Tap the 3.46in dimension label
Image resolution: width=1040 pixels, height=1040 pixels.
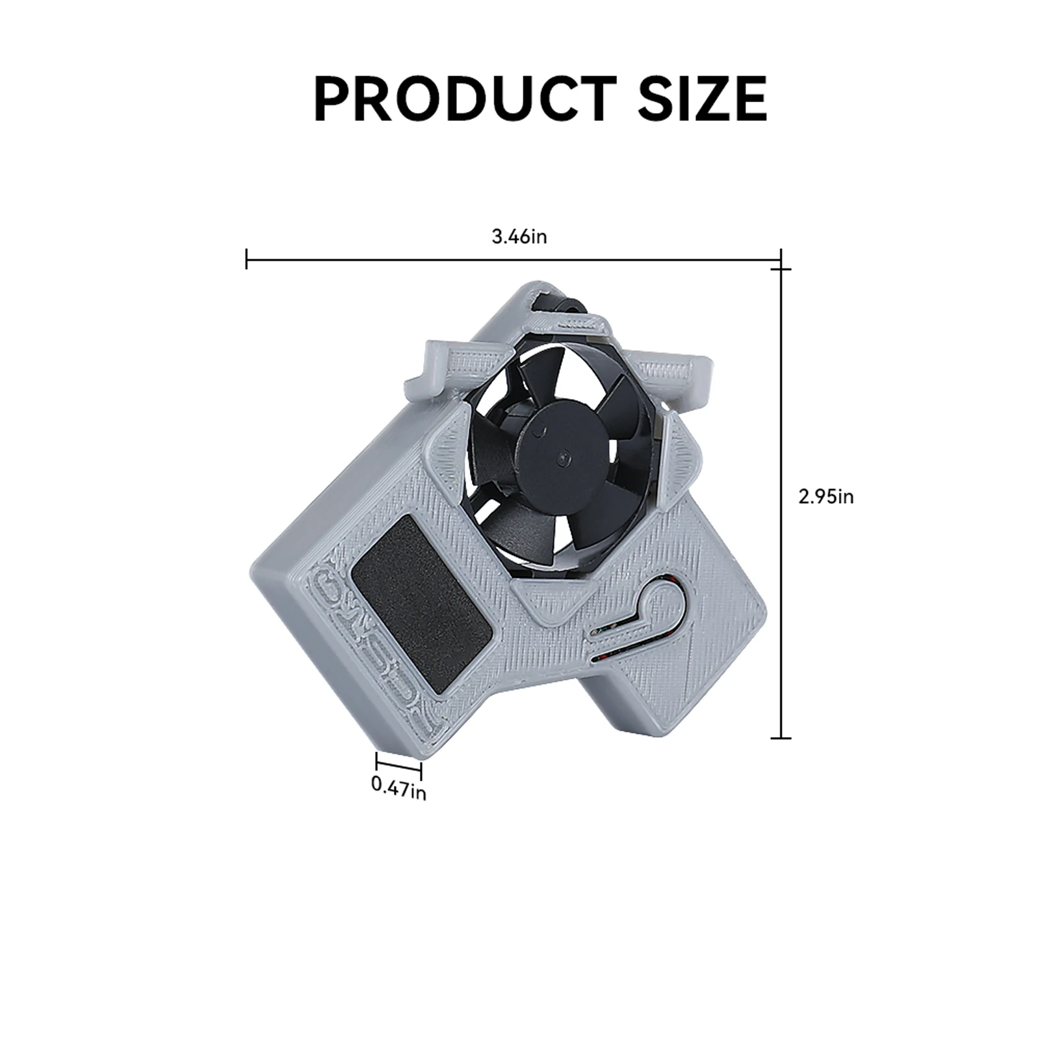pos(519,237)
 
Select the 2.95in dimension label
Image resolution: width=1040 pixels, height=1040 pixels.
pos(825,497)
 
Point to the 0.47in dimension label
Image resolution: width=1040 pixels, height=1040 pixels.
pos(398,787)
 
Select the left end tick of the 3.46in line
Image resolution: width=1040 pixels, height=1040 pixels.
pos(246,259)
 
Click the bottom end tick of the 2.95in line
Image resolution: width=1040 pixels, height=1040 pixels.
pos(780,738)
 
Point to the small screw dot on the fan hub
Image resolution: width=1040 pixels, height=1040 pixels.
pos(562,456)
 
